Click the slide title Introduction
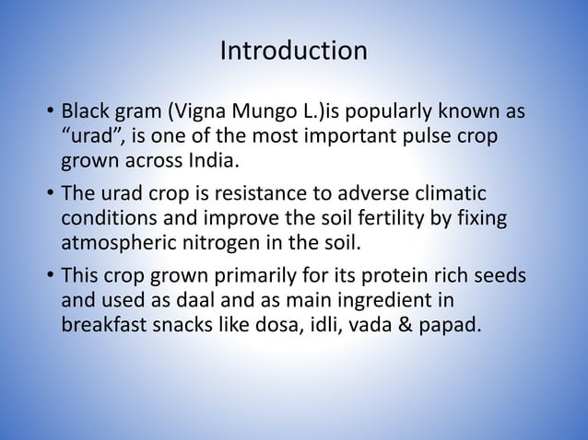tap(293, 51)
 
